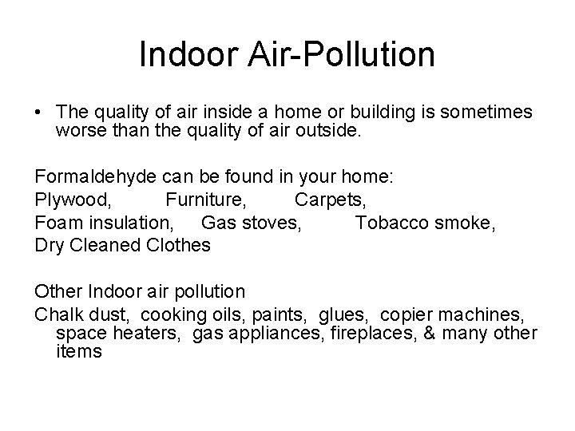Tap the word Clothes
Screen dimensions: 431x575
pyautogui.click(x=179, y=244)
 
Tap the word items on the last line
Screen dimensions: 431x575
pyautogui.click(x=79, y=352)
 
